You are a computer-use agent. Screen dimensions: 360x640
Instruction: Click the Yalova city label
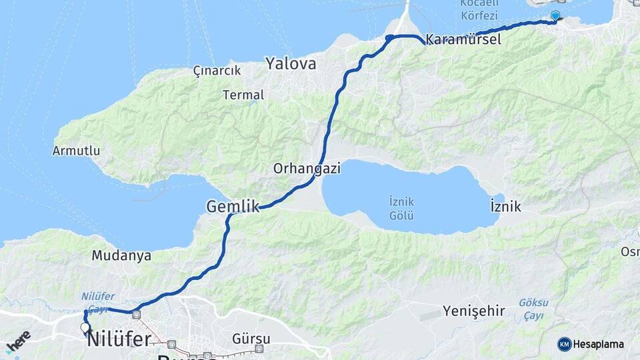point(291,64)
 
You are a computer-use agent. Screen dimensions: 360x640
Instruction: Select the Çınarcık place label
point(216,70)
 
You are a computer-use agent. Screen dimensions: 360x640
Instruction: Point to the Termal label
point(243,95)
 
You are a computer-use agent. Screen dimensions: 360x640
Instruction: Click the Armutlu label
point(76,151)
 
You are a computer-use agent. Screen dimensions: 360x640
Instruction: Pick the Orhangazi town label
point(307,169)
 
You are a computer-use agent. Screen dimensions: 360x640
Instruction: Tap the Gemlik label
point(233,207)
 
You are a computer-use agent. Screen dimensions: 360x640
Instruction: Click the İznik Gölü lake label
point(401,208)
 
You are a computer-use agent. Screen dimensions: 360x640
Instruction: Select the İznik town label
point(505,207)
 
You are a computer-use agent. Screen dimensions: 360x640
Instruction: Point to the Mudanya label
point(121,255)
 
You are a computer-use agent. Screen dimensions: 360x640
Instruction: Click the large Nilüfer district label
point(118,339)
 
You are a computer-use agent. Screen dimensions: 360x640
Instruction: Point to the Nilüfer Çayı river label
point(98,302)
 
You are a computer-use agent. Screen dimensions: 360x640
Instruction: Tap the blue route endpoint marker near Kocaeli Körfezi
point(555,15)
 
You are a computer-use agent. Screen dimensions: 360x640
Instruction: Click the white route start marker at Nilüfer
point(85,327)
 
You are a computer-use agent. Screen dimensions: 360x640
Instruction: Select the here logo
point(18,340)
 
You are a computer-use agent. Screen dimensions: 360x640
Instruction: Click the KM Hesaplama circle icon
point(565,344)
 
